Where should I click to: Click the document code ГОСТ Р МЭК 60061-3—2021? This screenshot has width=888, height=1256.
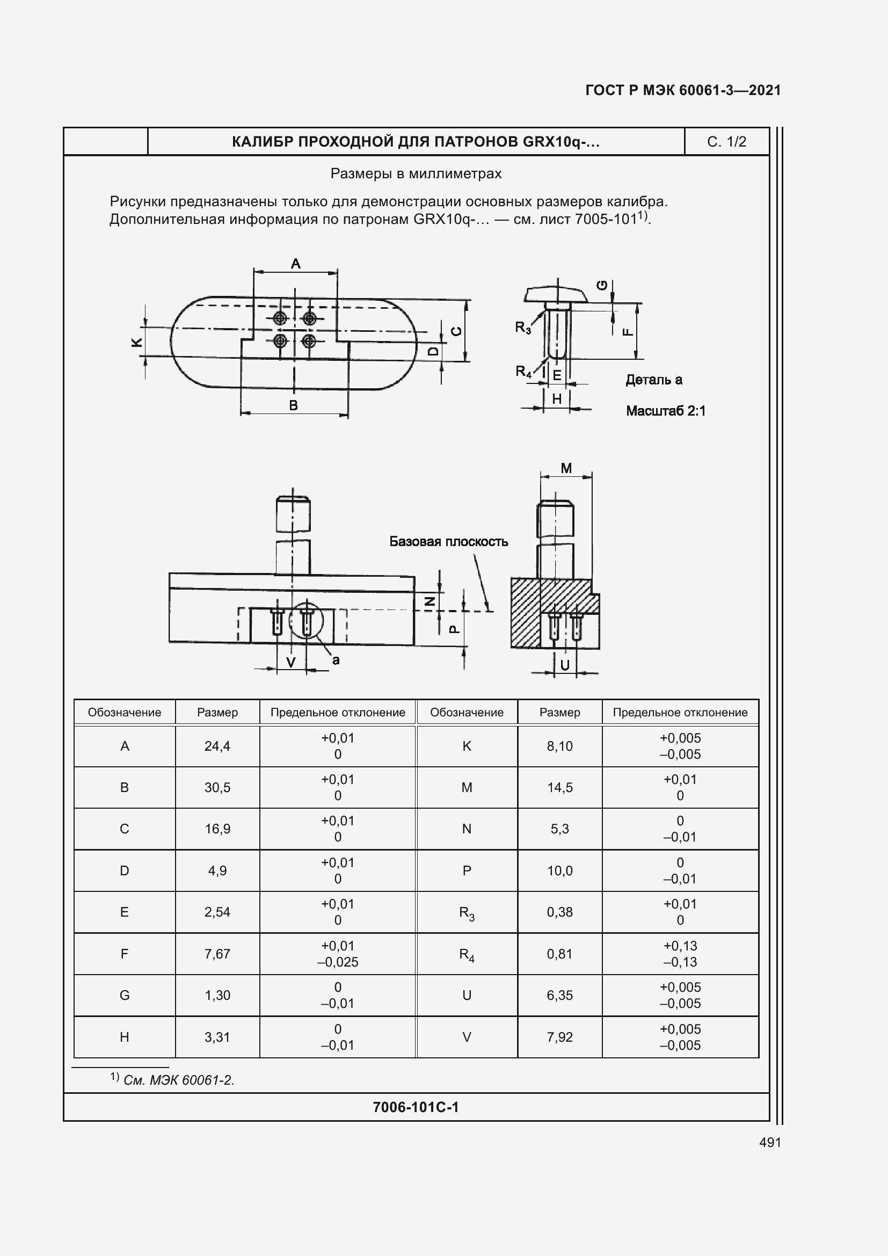coord(683,90)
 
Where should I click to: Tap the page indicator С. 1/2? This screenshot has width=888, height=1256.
coord(726,142)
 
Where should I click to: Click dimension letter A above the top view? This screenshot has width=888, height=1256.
coord(296,264)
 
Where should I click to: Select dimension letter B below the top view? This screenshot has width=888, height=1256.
coord(293,405)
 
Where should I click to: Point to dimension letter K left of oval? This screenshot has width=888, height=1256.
coord(137,343)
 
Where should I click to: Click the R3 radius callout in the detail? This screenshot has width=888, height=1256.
coord(523,328)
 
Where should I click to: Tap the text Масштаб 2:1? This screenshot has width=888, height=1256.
coord(665,411)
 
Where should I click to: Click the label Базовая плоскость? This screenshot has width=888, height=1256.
coord(448,542)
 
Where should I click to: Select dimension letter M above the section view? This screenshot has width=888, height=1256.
coord(566,468)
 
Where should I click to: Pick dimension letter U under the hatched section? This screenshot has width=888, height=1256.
coord(565,665)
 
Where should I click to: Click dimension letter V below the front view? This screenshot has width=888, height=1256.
coord(291,663)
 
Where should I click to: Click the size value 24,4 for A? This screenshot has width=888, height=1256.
coord(217,746)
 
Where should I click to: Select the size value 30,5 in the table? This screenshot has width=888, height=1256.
coord(217,788)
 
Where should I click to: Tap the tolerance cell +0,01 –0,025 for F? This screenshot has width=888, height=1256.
coord(337,954)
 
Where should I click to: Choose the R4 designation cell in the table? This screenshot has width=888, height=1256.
coord(467,955)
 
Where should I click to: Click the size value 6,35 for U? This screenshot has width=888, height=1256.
coord(559,996)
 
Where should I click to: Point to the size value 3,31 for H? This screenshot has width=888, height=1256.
coord(217,1037)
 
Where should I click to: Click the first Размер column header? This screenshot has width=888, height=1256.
coord(217,713)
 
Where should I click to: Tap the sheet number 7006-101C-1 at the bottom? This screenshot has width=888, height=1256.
coord(416,1107)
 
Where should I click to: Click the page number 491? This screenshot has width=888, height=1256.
coord(770,1142)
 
